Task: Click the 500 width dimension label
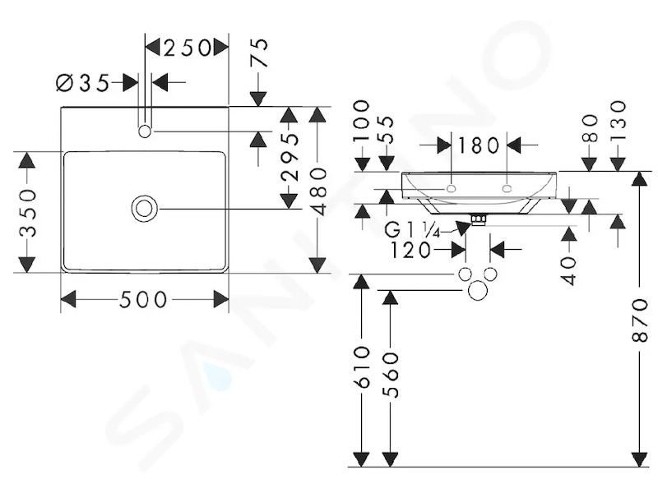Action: pos(143,299)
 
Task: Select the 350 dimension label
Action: pos(29,214)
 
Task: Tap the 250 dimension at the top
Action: pos(187,48)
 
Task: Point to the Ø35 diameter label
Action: pos(83,83)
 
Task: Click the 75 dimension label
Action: pos(259,53)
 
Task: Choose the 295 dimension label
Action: pos(290,157)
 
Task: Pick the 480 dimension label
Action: pos(319,191)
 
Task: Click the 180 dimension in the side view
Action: pos(478,145)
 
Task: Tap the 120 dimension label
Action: pos(410,251)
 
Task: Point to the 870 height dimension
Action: pos(641,320)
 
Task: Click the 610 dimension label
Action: pos(362,366)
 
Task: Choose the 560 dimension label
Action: pos(390,375)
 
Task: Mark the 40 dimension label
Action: pos(569,271)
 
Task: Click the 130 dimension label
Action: pos(619,115)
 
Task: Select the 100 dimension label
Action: pos(362,120)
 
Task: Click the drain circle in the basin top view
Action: pos(145,209)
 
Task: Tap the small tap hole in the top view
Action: pos(145,131)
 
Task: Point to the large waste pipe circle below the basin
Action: pos(478,290)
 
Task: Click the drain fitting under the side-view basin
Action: pos(479,219)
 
